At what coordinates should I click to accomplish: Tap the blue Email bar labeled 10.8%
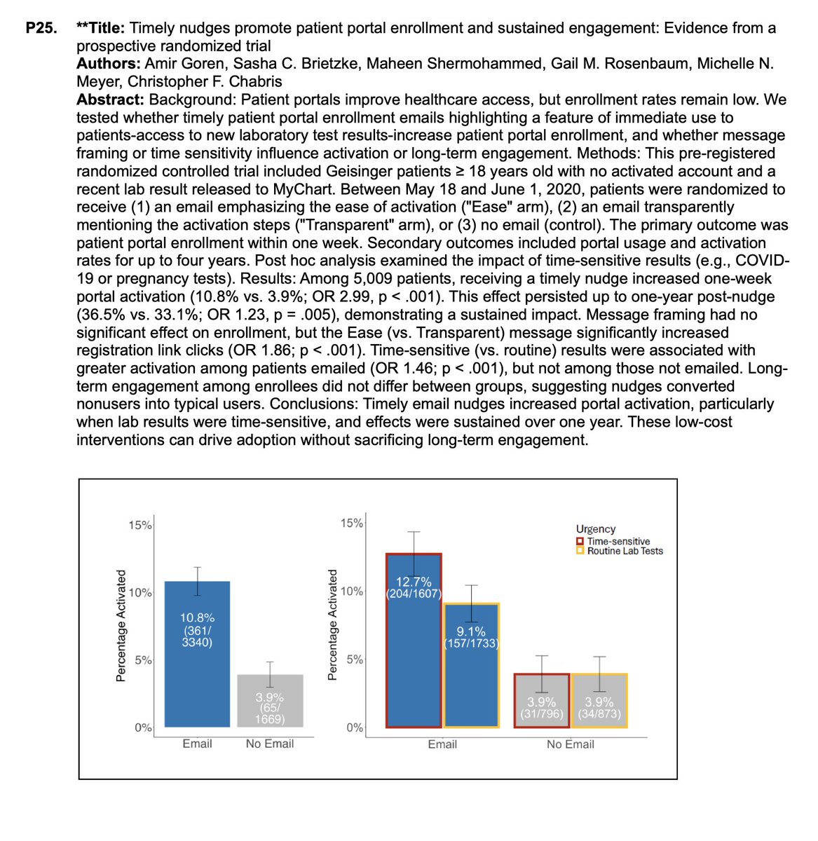coord(197,652)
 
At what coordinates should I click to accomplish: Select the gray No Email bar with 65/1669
coord(270,701)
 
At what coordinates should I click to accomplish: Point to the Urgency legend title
coord(595,529)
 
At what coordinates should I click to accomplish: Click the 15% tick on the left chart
coord(139,525)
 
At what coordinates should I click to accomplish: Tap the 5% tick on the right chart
coord(355,659)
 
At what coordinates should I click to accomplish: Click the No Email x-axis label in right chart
coord(570,744)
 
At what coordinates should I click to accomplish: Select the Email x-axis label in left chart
coord(197,744)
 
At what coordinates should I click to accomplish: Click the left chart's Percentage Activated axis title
coord(121,625)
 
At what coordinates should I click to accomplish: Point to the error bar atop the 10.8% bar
coord(198,581)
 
